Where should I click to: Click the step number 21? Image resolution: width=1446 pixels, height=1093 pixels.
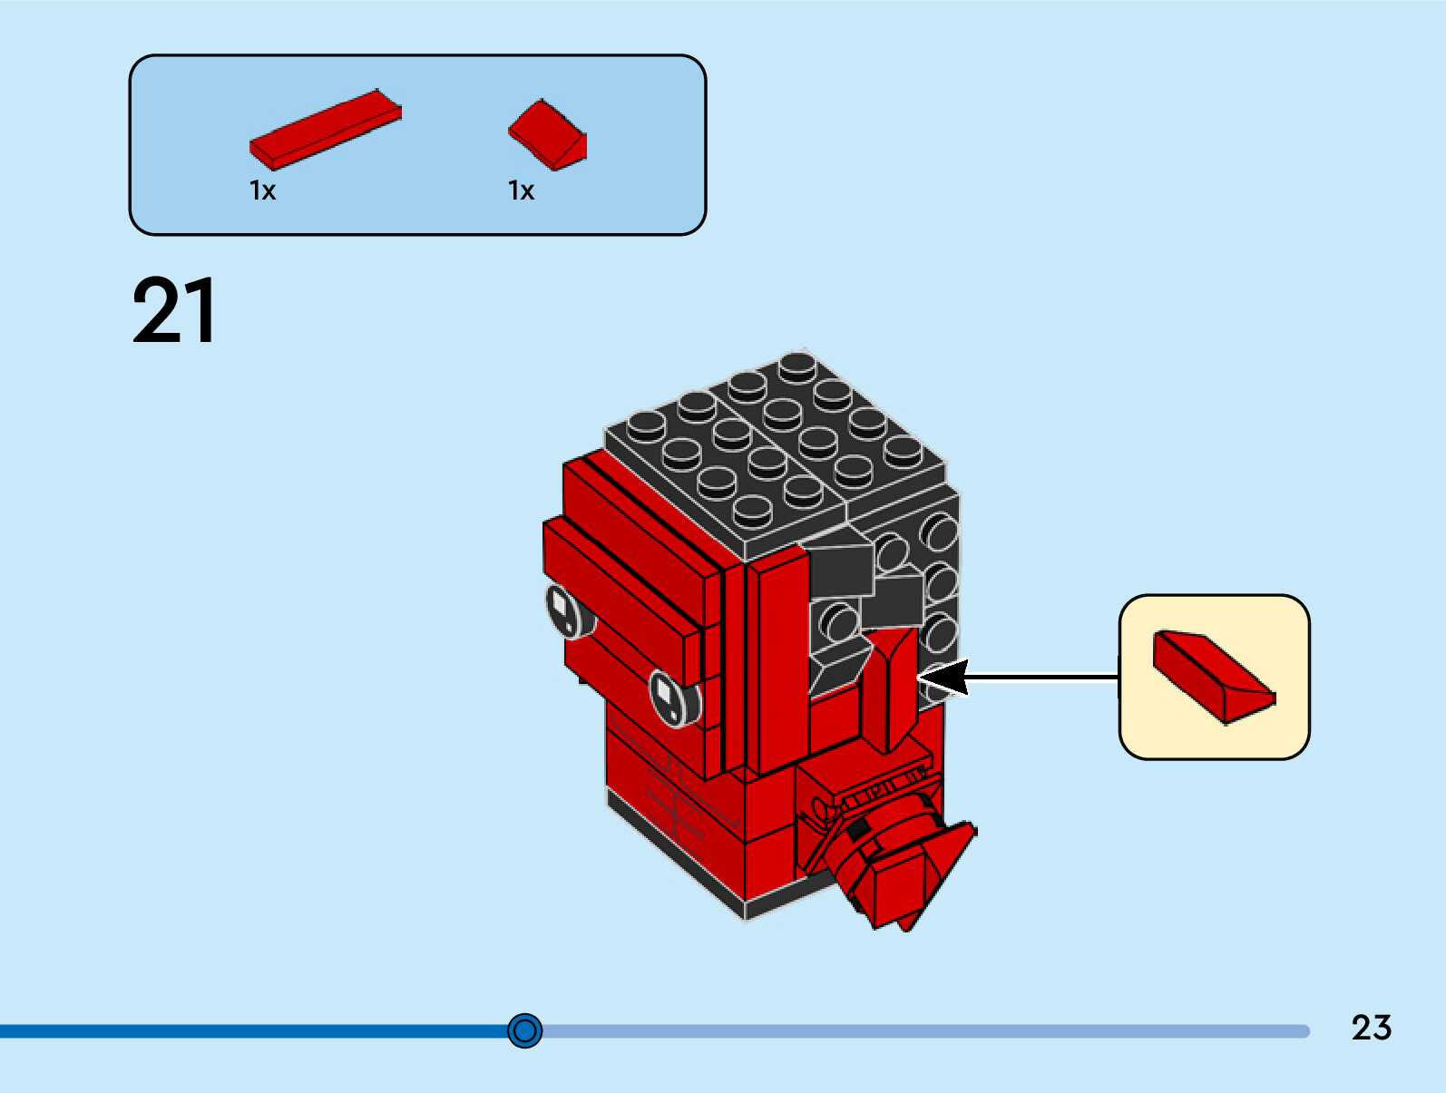(174, 311)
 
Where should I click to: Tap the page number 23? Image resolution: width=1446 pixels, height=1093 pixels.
(1371, 1028)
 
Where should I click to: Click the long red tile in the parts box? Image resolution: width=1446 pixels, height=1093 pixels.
(325, 129)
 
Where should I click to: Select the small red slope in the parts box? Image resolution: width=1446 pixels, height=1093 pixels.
(548, 134)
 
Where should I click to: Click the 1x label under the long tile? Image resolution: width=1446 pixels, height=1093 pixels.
(262, 190)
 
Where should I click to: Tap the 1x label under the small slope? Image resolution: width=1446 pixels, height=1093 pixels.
(521, 190)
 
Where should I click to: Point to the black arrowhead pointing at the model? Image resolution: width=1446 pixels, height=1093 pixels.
(943, 678)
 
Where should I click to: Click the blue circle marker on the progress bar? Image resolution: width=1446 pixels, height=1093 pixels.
(524, 1030)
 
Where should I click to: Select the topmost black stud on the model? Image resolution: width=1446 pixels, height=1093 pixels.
(796, 366)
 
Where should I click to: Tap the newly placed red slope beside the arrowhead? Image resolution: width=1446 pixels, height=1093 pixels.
(894, 689)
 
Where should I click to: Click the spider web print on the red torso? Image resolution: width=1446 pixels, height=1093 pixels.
(676, 798)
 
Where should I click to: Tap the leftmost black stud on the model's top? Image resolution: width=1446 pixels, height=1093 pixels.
(645, 424)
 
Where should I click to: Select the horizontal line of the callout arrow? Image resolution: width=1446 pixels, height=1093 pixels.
(1043, 677)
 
